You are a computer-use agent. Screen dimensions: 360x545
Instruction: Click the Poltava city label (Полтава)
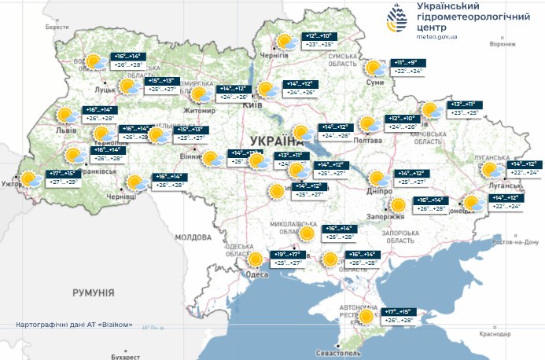(x=369, y=141)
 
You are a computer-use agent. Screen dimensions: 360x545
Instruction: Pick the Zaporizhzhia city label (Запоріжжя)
(x=385, y=217)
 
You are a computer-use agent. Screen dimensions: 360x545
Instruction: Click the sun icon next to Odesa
(x=256, y=259)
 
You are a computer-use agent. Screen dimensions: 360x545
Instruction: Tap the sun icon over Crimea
(x=366, y=317)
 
